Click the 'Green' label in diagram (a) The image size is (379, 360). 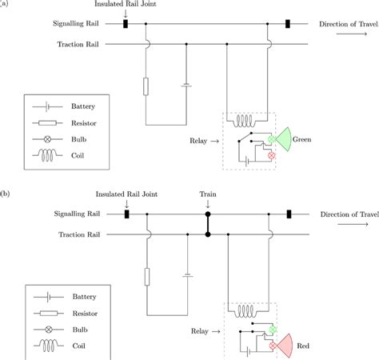[x=301, y=140]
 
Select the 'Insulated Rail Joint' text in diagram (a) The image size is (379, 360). [x=126, y=6]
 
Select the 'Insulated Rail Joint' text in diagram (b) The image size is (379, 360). [x=126, y=194]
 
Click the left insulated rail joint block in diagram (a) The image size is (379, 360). [x=126, y=25]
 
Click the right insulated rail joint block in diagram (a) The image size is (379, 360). [x=288, y=25]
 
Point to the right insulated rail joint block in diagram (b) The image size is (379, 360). [x=289, y=214]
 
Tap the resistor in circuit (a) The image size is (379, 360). [x=146, y=86]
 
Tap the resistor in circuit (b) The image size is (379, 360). [x=146, y=277]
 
